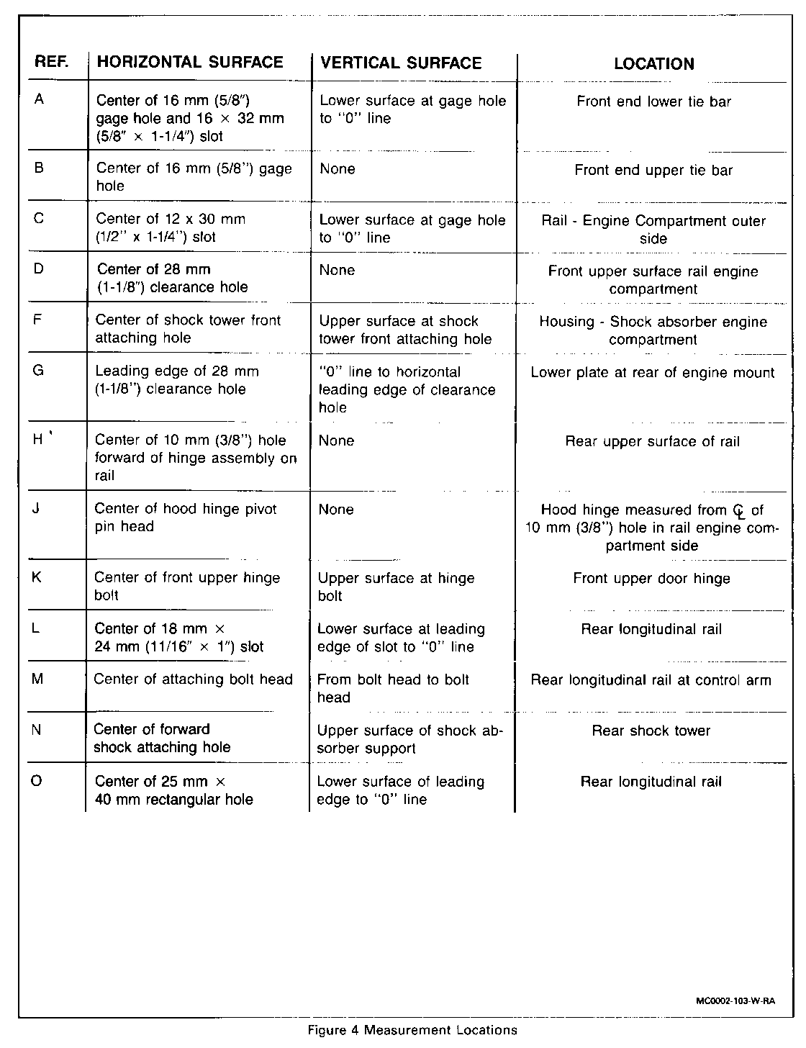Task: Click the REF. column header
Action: click(x=51, y=62)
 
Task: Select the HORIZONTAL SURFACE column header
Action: click(x=190, y=62)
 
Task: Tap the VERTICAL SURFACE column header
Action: click(x=401, y=63)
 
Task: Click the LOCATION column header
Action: click(x=653, y=63)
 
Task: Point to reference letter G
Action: click(x=38, y=371)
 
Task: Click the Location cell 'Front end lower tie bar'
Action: click(x=653, y=101)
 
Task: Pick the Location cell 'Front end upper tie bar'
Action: click(x=653, y=171)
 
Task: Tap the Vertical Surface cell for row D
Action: click(x=337, y=270)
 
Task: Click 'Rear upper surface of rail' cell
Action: click(x=652, y=441)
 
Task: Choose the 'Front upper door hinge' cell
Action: click(x=651, y=578)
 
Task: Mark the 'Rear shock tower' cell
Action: click(x=651, y=731)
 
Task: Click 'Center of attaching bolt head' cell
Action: click(x=194, y=679)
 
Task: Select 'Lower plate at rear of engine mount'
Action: click(x=652, y=373)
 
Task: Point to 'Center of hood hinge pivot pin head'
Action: click(x=186, y=518)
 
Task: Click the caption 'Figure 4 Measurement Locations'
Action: click(x=412, y=1030)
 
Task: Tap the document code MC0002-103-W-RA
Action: click(x=739, y=1000)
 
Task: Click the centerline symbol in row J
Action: click(x=738, y=511)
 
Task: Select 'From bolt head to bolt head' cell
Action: click(x=393, y=688)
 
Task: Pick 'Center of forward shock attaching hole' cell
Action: click(x=162, y=738)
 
